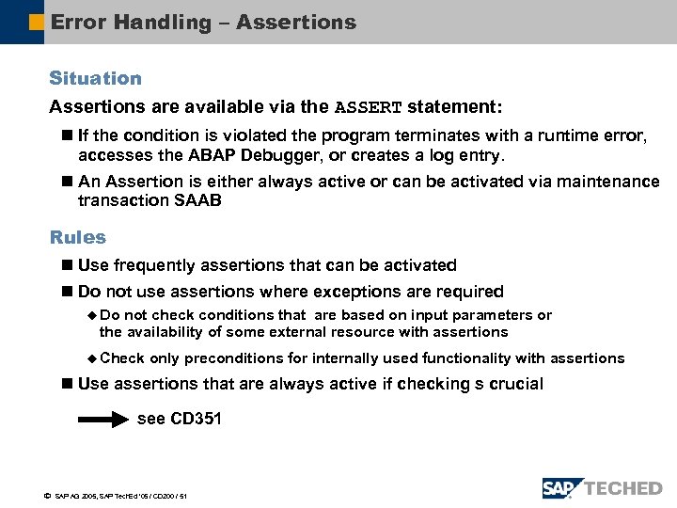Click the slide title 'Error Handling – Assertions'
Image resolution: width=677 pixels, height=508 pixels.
click(x=203, y=22)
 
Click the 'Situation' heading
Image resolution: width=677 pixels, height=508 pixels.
click(x=95, y=79)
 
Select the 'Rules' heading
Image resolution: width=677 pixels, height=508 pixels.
click(x=77, y=238)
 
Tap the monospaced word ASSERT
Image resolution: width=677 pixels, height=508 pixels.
click(x=369, y=107)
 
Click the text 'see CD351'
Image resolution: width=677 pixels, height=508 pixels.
click(x=179, y=419)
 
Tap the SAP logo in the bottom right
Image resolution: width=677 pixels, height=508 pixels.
click(x=562, y=488)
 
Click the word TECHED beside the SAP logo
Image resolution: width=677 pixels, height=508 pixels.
click(x=623, y=488)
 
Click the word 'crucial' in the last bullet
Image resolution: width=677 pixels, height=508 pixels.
click(x=513, y=384)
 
